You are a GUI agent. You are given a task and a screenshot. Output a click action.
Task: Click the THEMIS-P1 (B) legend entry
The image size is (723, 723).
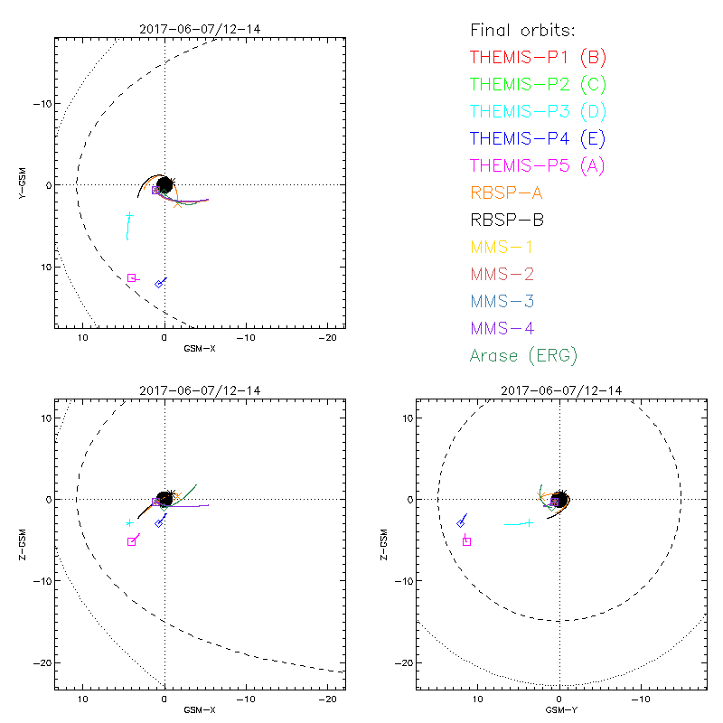point(538,58)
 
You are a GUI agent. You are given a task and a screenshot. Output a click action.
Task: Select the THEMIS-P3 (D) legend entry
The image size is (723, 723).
point(538,112)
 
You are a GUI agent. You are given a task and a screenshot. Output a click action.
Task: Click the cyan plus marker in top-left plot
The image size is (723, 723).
point(130,216)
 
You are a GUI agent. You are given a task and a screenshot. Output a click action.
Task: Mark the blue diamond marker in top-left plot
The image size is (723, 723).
point(159,284)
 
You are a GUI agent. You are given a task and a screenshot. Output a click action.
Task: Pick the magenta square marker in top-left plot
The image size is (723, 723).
point(131,277)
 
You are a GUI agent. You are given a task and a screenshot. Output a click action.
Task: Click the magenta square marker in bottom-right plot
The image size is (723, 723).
point(466,541)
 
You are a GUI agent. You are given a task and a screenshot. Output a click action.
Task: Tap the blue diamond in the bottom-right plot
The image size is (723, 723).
point(461,522)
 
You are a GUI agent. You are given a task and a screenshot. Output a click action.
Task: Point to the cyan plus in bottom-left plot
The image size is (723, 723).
point(130,523)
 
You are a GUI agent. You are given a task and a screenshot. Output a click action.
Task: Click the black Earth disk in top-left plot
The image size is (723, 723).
point(164,184)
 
